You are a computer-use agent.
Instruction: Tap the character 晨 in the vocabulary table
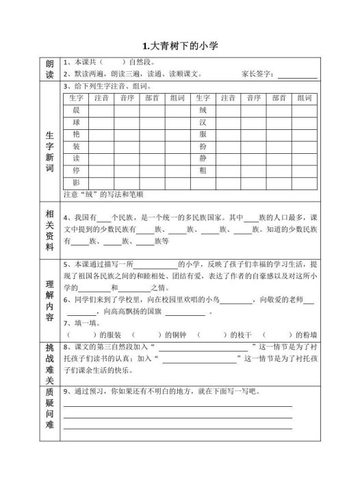tap(76, 110)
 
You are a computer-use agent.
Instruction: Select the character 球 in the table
tap(76, 122)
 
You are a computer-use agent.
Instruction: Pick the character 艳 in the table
tap(76, 134)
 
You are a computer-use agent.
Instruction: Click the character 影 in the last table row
tap(76, 182)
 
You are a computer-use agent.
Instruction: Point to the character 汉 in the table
tap(202, 122)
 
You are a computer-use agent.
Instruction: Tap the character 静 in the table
tap(202, 158)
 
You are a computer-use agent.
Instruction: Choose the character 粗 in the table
tap(202, 170)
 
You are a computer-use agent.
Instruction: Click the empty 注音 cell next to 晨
tap(101, 110)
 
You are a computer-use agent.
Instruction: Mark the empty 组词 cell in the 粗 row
tap(303, 170)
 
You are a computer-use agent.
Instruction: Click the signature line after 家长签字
tap(298, 75)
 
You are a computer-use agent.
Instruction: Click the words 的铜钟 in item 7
tap(173, 334)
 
